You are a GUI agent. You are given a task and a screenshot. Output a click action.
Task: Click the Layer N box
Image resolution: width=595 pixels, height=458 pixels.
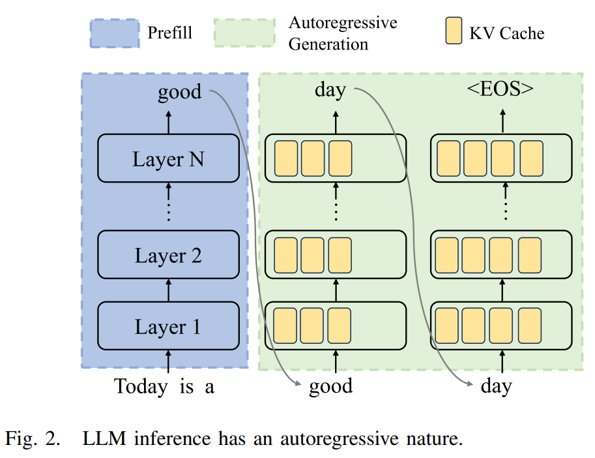click(x=168, y=159)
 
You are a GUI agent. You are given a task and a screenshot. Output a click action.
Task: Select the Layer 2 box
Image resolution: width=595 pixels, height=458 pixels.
click(x=168, y=255)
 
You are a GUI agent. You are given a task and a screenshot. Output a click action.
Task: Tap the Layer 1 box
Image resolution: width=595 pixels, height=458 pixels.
click(x=168, y=326)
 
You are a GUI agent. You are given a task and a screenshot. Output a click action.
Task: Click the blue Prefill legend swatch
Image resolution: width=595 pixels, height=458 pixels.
click(x=115, y=33)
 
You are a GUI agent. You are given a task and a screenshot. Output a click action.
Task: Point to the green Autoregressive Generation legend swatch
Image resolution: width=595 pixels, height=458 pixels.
click(x=244, y=33)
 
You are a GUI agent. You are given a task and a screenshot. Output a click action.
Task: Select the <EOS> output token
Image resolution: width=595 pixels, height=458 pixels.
click(x=501, y=89)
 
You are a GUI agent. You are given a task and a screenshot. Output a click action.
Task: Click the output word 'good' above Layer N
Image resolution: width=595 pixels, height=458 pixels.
click(x=179, y=92)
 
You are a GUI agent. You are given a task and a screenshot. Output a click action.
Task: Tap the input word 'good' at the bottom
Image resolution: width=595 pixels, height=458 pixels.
click(x=330, y=386)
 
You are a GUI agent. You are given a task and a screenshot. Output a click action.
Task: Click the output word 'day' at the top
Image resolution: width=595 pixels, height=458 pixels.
click(x=330, y=89)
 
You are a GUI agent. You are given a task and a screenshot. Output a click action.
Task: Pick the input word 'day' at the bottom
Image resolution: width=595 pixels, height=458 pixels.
click(x=496, y=386)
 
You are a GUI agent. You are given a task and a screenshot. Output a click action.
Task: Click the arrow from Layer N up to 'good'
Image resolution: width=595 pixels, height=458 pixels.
click(x=168, y=121)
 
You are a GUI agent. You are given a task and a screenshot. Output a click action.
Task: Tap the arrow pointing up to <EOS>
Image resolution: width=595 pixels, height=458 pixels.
click(x=502, y=121)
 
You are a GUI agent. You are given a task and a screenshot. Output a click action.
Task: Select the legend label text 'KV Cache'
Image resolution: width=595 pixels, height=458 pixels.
click(x=506, y=33)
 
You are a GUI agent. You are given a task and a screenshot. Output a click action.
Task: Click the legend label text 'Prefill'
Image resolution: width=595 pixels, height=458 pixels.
click(x=169, y=32)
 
